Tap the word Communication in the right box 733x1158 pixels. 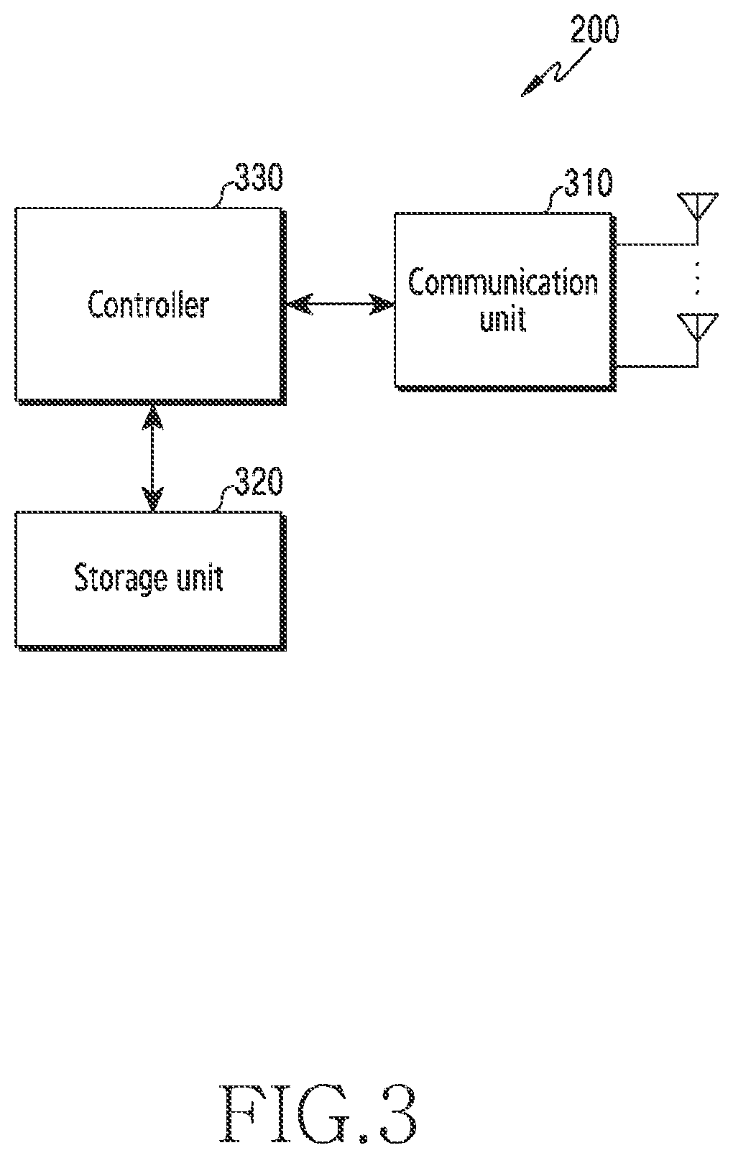[503, 282]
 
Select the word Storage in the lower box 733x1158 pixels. [121, 578]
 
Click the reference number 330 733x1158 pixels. [259, 177]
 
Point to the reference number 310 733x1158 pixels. [588, 182]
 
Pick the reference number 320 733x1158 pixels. [259, 481]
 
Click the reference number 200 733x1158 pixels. [594, 30]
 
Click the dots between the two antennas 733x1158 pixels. [697, 279]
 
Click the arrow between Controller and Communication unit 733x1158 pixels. [340, 304]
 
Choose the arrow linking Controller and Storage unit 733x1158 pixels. [152, 458]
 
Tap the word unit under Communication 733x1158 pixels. [502, 319]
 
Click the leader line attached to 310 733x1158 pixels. [554, 200]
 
